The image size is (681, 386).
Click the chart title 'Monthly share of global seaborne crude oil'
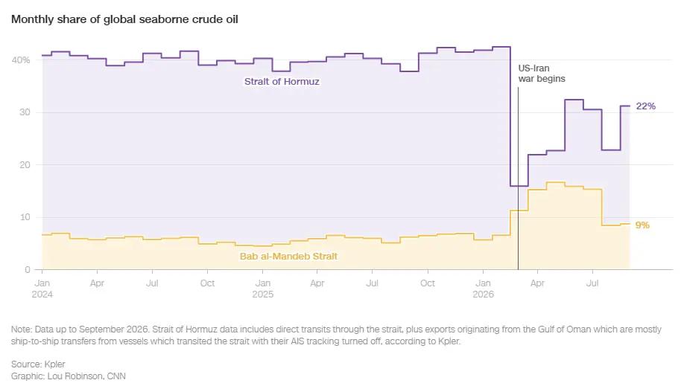(124, 19)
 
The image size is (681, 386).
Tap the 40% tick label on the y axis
(21, 59)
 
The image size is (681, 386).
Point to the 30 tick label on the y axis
(25, 112)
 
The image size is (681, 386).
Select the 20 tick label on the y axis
(25, 165)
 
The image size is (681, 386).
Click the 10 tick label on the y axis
(25, 217)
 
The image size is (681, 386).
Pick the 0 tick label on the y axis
(28, 270)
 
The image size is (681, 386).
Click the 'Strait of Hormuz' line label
(282, 82)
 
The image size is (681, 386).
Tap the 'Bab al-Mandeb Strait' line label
(288, 257)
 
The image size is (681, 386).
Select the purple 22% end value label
(646, 106)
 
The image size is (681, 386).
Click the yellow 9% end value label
(642, 225)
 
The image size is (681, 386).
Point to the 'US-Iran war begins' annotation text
(542, 74)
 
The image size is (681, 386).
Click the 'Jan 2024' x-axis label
(42, 289)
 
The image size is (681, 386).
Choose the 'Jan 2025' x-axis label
(263, 289)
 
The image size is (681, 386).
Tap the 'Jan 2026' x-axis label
(483, 289)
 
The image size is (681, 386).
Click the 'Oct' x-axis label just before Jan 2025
(208, 283)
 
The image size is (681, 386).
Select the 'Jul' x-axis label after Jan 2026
(592, 283)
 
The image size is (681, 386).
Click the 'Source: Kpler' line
(38, 364)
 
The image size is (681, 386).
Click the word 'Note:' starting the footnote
(22, 329)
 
